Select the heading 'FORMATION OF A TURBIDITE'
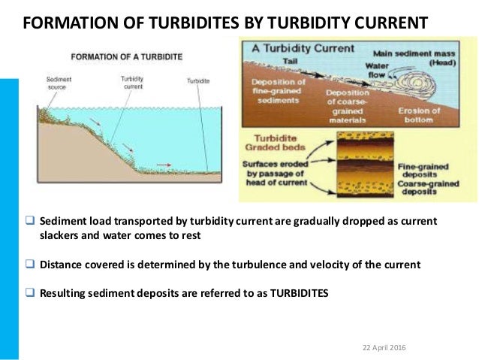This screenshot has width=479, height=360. [125, 57]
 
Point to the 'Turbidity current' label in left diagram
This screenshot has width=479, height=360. [132, 83]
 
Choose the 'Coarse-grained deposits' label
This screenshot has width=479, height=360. [429, 186]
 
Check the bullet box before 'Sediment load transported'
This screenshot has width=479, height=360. [31, 224]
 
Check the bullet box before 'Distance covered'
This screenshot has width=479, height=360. [31, 264]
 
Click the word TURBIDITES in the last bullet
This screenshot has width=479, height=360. [291, 293]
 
